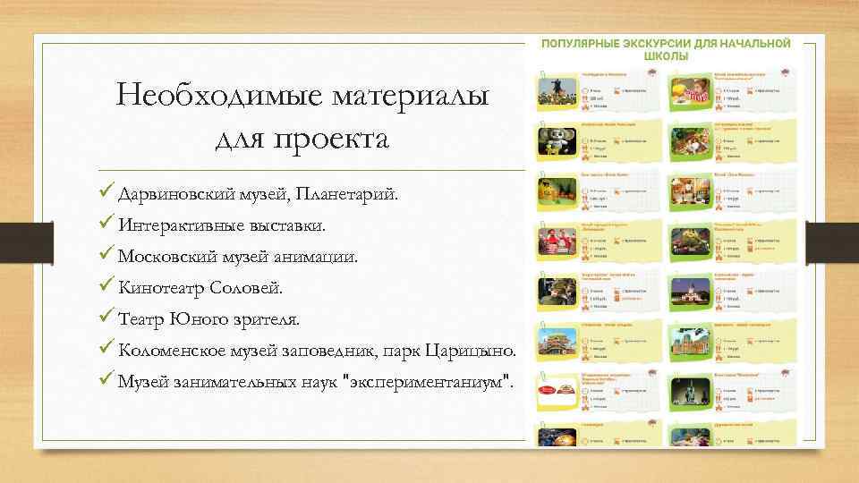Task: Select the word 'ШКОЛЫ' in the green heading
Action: pos(665,55)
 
